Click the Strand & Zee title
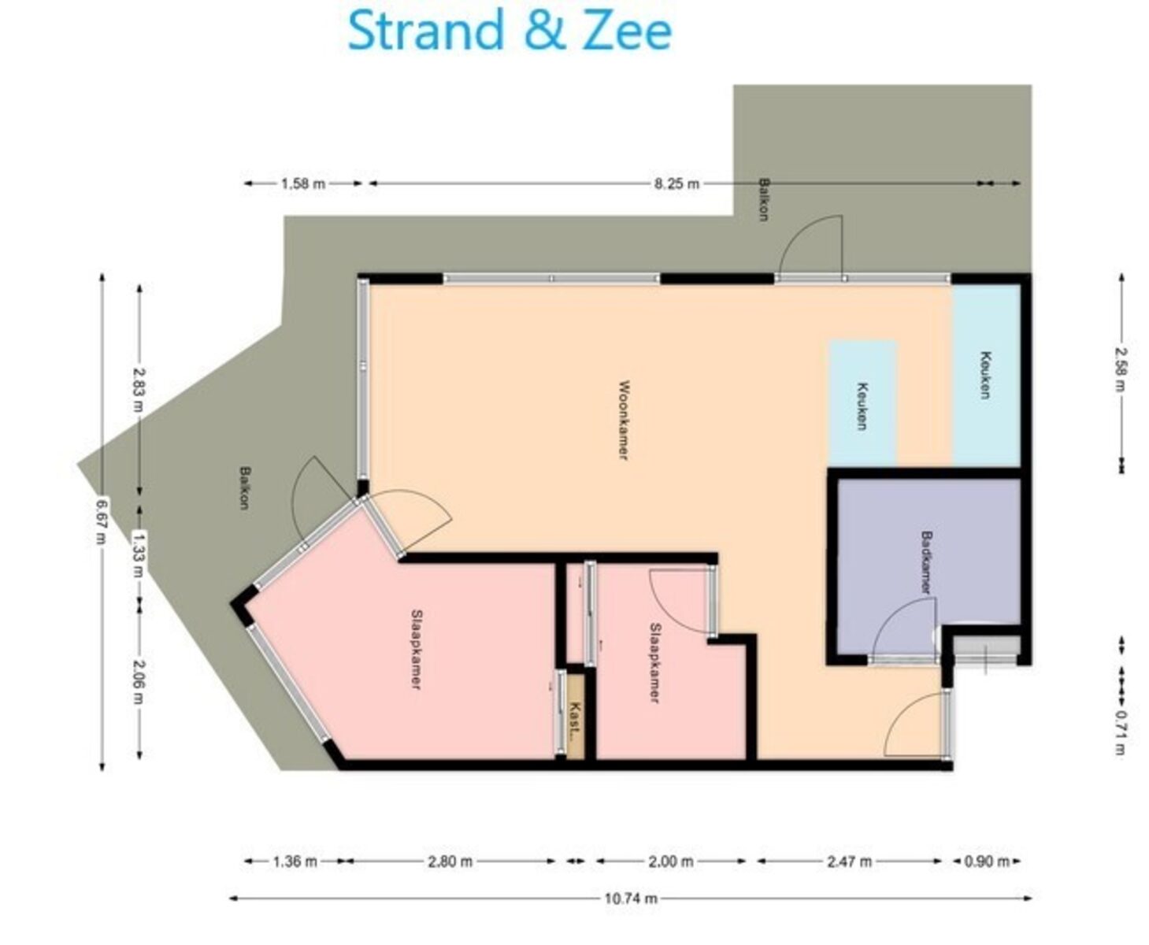point(510,30)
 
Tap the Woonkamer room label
point(625,420)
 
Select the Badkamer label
point(925,562)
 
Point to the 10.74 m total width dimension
point(630,899)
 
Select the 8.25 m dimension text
point(676,183)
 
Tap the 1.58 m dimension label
point(303,183)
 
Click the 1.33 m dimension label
point(139,554)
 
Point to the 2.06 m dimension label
point(139,681)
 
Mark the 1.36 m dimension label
point(295,861)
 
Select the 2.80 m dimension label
point(450,861)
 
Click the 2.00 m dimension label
point(671,861)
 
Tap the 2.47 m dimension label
point(850,861)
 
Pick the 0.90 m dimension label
point(987,861)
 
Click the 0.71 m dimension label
point(1121,732)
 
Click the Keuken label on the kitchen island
point(862,406)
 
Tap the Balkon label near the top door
point(764,199)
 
